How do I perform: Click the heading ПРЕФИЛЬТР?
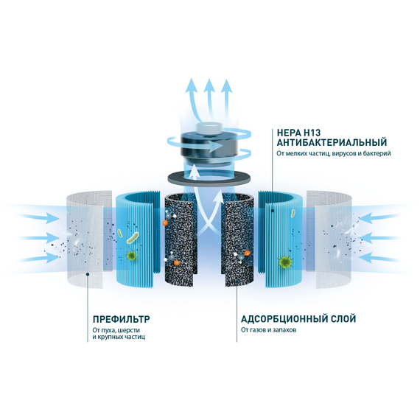(121, 319)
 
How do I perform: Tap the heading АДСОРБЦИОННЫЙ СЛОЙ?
(298, 319)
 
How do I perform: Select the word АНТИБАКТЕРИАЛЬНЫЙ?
(332, 142)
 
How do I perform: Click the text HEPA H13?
(298, 133)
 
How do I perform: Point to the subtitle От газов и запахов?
(268, 329)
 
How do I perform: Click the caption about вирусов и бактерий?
(334, 153)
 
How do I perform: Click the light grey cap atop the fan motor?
(209, 128)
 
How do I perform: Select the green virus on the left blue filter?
(131, 256)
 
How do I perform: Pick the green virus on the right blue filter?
(284, 262)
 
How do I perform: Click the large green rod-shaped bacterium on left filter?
(133, 237)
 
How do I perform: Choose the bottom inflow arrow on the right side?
(379, 259)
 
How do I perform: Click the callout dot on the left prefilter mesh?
(88, 274)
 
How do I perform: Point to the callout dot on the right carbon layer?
(237, 281)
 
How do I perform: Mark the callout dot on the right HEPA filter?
(273, 211)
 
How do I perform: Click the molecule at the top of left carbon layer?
(169, 217)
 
